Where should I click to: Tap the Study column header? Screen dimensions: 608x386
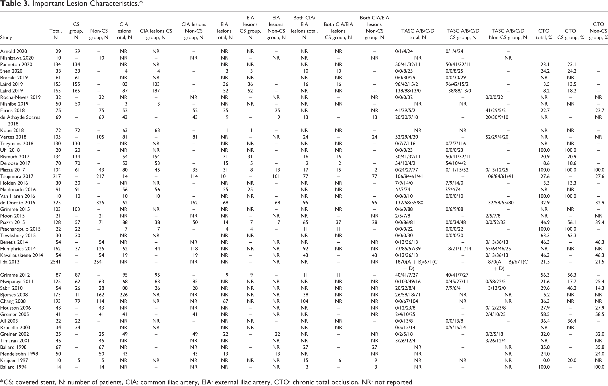click(6, 37)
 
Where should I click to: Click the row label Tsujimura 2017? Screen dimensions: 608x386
click(17, 176)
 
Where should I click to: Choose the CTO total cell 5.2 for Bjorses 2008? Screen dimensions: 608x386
click(545, 295)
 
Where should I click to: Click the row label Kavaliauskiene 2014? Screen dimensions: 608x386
click(22, 255)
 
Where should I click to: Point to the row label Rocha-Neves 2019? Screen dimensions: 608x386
click(20, 97)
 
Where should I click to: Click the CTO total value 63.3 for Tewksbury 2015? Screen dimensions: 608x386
click(544, 235)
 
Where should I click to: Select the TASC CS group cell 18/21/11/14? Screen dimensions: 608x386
click(458, 249)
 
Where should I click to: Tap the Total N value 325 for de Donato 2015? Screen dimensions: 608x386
click(57, 203)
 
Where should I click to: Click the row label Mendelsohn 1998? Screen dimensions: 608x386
click(19, 354)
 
